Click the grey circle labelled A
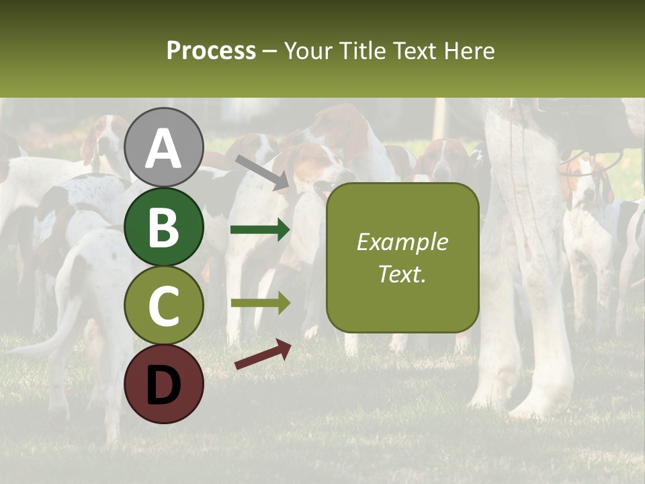164,147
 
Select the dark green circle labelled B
164,227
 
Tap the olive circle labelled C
164,306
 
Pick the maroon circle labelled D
164,384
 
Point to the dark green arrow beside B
260,230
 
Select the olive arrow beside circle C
260,302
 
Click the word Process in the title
211,51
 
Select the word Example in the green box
402,242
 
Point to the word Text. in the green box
402,274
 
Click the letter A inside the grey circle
164,149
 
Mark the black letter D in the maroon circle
164,385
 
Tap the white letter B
164,227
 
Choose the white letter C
164,307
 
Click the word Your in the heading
309,51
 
